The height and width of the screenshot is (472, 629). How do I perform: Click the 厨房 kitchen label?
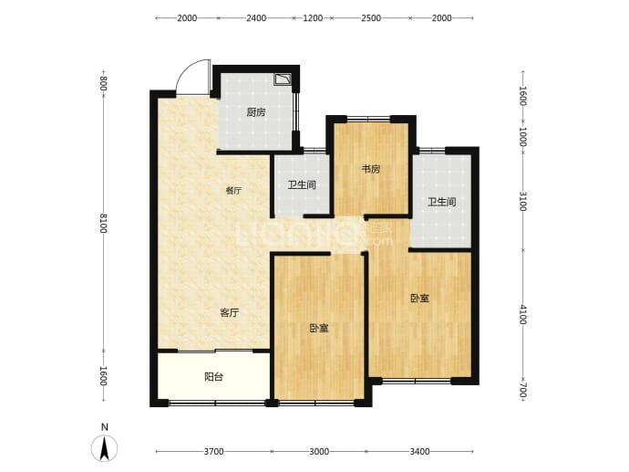coord(255,112)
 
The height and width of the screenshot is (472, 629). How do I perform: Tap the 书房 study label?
coord(371,169)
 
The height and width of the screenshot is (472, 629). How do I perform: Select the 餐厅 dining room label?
coord(233,191)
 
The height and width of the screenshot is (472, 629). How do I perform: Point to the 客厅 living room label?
coord(230,312)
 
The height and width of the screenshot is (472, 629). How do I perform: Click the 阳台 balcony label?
coord(213,377)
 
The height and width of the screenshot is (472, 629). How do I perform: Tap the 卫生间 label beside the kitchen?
coord(302,184)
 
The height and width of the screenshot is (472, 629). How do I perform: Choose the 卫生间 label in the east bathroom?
coord(441,202)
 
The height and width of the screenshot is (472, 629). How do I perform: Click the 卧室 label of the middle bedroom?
coord(319,328)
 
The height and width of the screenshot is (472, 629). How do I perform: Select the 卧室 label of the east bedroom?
coord(419,298)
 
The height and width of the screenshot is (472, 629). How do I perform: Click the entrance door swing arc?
coord(185,69)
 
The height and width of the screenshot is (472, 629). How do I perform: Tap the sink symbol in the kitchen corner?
coord(283,79)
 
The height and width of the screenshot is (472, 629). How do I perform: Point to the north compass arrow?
coord(104,448)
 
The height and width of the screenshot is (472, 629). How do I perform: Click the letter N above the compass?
coord(104,427)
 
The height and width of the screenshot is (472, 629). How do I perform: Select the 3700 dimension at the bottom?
coord(214,452)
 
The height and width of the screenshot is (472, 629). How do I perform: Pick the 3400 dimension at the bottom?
coord(419,452)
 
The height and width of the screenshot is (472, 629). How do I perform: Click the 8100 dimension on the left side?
coord(104,223)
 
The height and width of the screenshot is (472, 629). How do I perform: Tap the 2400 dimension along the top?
coord(256,18)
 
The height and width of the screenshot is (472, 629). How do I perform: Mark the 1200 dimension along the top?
coord(313,18)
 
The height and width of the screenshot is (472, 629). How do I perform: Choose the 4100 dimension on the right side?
coord(522,314)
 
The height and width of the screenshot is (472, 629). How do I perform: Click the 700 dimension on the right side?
coord(522,390)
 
